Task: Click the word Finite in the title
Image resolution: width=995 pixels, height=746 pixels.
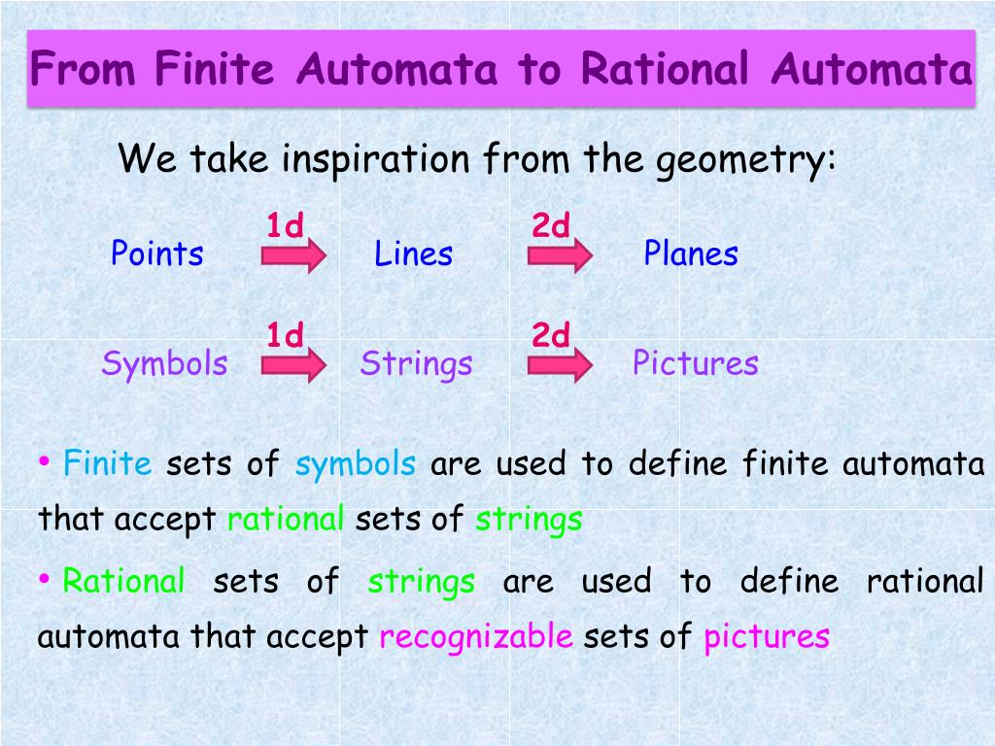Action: [x=215, y=69]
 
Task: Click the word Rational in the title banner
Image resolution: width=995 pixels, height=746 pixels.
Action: [x=665, y=69]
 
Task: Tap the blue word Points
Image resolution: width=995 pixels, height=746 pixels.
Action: [x=156, y=254]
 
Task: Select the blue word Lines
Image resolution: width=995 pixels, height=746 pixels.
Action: [x=414, y=254]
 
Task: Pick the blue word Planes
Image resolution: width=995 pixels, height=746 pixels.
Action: [x=691, y=254]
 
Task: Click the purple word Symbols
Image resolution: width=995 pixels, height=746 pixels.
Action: [x=164, y=364]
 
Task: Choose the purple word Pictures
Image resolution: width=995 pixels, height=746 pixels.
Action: [x=696, y=363]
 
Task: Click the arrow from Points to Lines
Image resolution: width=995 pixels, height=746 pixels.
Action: [x=293, y=255]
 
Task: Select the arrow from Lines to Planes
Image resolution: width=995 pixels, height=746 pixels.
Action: [x=561, y=255]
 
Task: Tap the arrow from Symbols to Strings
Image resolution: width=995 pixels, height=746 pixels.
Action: [x=293, y=365]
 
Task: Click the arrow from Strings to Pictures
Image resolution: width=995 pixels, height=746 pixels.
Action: [x=561, y=365]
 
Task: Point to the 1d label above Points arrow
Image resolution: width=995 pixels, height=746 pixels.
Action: [x=285, y=224]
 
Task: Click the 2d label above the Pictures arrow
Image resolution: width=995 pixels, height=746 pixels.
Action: [x=551, y=334]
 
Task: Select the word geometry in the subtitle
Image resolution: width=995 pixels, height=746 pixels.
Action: [x=745, y=160]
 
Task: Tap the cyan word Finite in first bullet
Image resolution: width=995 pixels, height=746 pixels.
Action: [x=107, y=462]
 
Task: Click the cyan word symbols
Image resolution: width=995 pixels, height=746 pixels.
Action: [x=356, y=464]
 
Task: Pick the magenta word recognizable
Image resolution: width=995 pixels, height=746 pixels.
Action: [x=476, y=637]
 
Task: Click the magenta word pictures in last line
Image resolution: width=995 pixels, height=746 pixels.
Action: [x=767, y=637]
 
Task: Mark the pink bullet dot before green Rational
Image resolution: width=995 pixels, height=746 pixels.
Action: [x=44, y=578]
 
